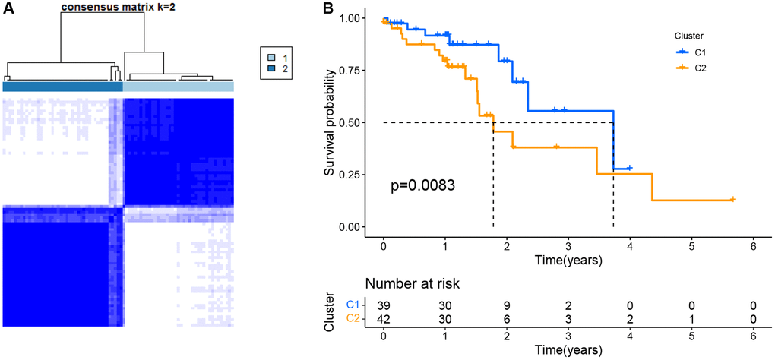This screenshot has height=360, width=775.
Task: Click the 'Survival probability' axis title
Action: [x=331, y=122]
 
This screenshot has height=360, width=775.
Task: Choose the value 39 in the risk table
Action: [x=384, y=304]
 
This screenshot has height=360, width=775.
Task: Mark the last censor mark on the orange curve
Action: [x=732, y=199]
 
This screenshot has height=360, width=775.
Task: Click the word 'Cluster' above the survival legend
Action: [x=689, y=35]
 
